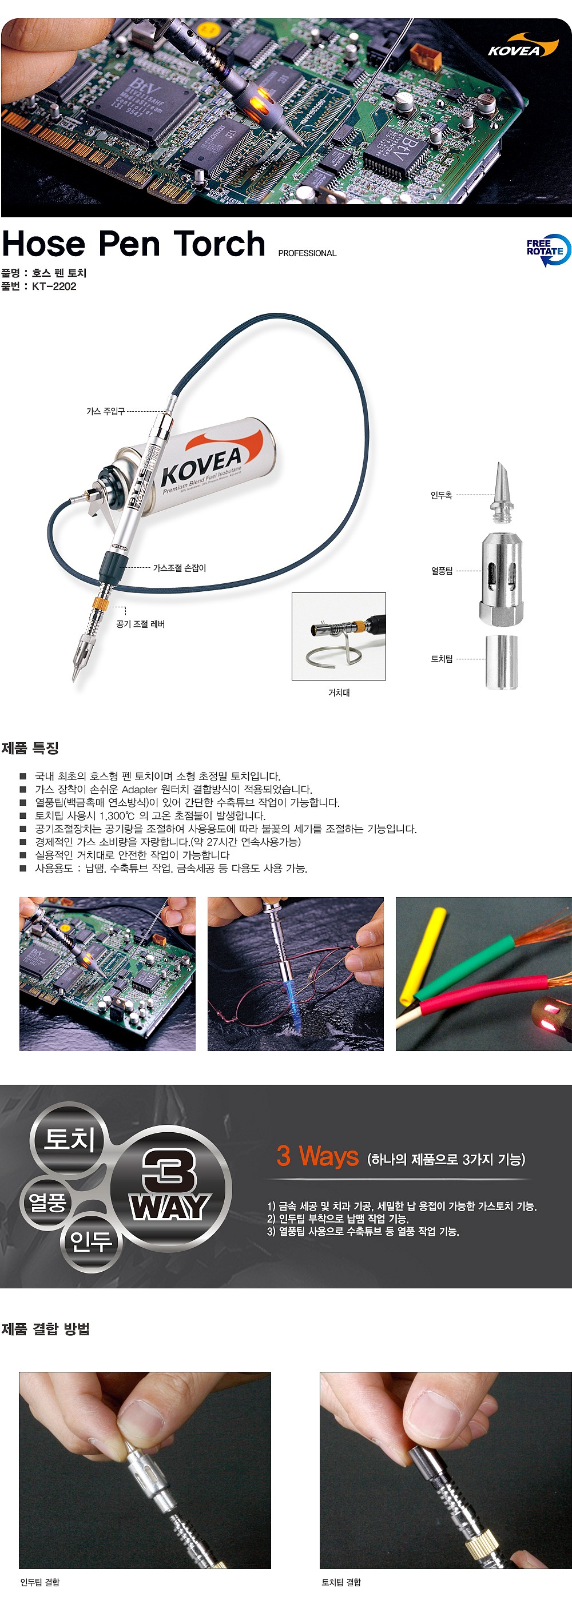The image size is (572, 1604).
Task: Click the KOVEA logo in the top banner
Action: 522,47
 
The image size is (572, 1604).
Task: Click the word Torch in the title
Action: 219,244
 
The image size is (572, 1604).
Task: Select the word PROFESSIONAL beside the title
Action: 307,253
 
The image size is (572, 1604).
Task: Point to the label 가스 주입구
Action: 105,412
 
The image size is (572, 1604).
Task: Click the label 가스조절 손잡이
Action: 180,568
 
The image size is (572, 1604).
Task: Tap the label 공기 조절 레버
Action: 140,624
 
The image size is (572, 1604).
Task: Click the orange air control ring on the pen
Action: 101,603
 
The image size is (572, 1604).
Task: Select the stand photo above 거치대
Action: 339,636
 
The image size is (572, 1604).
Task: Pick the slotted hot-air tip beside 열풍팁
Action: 501,578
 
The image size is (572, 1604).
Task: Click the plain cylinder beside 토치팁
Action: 501,662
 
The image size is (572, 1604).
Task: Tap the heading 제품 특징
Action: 30,748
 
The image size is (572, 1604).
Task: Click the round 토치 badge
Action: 69,1139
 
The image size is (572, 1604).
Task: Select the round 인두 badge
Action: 91,1241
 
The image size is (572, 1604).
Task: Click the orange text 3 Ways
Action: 317,1156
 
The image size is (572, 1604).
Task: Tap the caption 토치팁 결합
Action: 341,1582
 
